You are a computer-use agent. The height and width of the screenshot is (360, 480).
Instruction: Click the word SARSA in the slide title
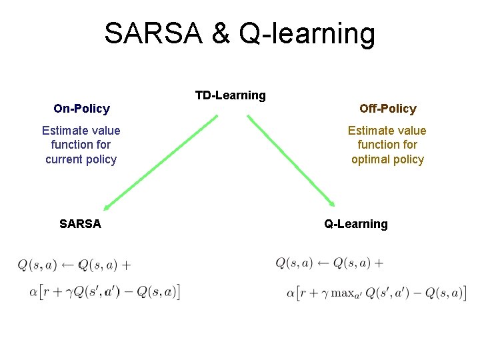[x=153, y=33]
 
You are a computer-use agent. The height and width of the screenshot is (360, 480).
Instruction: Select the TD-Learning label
[x=230, y=95]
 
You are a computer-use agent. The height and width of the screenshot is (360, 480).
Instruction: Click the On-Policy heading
[x=81, y=108]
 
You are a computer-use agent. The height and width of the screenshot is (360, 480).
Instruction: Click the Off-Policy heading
[x=387, y=108]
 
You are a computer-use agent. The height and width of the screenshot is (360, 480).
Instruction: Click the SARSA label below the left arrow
[x=80, y=224]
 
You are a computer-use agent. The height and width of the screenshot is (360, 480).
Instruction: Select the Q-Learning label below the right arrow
[x=355, y=224]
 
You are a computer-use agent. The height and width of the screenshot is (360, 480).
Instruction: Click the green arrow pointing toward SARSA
[x=160, y=163]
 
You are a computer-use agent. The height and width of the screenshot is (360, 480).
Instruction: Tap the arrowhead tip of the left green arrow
[x=105, y=209]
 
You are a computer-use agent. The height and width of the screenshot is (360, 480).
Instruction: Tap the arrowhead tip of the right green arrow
[x=333, y=205]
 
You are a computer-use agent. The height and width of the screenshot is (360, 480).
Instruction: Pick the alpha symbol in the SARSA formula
[x=33, y=292]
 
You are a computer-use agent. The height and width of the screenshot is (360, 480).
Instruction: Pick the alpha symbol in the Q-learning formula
[x=291, y=293]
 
